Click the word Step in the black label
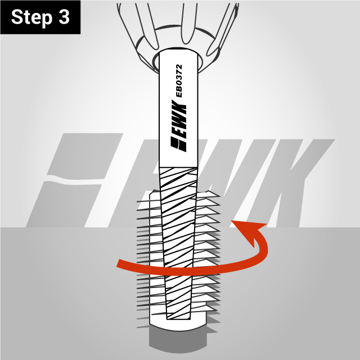click(x=31, y=17)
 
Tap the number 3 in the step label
click(x=64, y=17)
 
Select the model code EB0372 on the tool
click(x=179, y=81)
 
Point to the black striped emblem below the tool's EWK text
click(x=179, y=145)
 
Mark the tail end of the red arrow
click(x=118, y=263)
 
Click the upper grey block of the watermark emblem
click(x=85, y=156)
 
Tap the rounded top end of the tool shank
click(x=178, y=52)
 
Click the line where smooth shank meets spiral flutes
click(x=178, y=167)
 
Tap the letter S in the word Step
click(x=17, y=17)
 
